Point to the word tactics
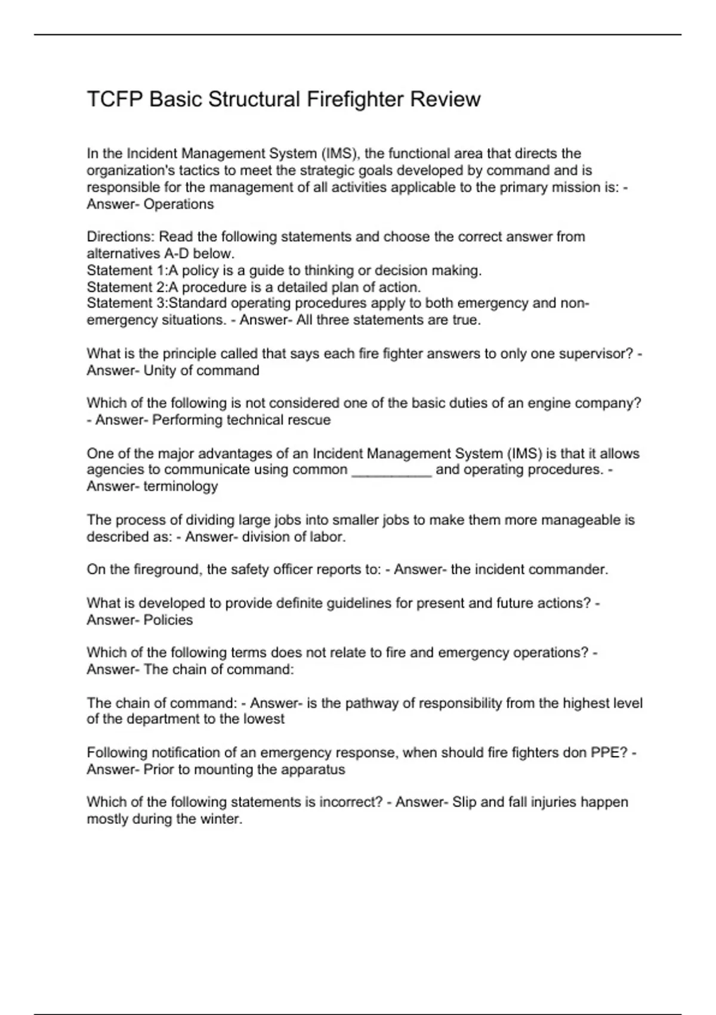click(x=199, y=171)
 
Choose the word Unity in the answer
click(x=159, y=371)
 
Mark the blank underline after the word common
click(x=391, y=470)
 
